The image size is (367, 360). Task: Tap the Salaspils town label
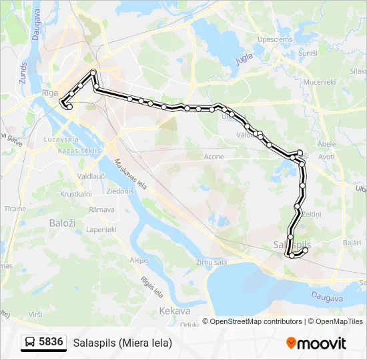click(292, 245)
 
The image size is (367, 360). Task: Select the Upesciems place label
click(275, 40)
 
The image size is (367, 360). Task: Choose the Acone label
click(214, 157)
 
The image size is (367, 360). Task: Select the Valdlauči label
click(91, 175)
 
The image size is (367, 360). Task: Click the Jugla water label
click(245, 59)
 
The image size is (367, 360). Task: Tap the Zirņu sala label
click(212, 262)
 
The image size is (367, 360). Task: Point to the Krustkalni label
click(75, 194)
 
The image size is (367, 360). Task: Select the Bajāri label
click(352, 243)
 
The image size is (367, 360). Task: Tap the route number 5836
click(51, 343)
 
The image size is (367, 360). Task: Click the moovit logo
click(316, 343)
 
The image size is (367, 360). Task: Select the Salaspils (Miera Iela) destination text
click(122, 343)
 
